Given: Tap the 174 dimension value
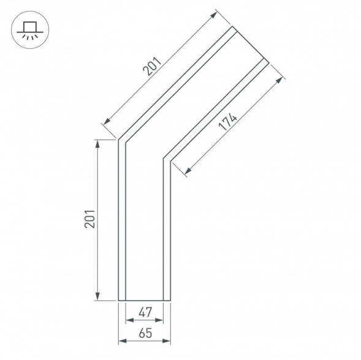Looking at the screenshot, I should click(x=227, y=122).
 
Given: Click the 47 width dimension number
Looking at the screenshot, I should click(x=145, y=312).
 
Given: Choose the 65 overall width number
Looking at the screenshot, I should click(x=145, y=333).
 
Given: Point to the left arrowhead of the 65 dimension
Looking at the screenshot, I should click(x=121, y=340).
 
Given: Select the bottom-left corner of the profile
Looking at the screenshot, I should click(x=118, y=301).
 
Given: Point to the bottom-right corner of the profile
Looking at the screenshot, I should click(x=170, y=301).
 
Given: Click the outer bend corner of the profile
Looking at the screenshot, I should click(x=118, y=140).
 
